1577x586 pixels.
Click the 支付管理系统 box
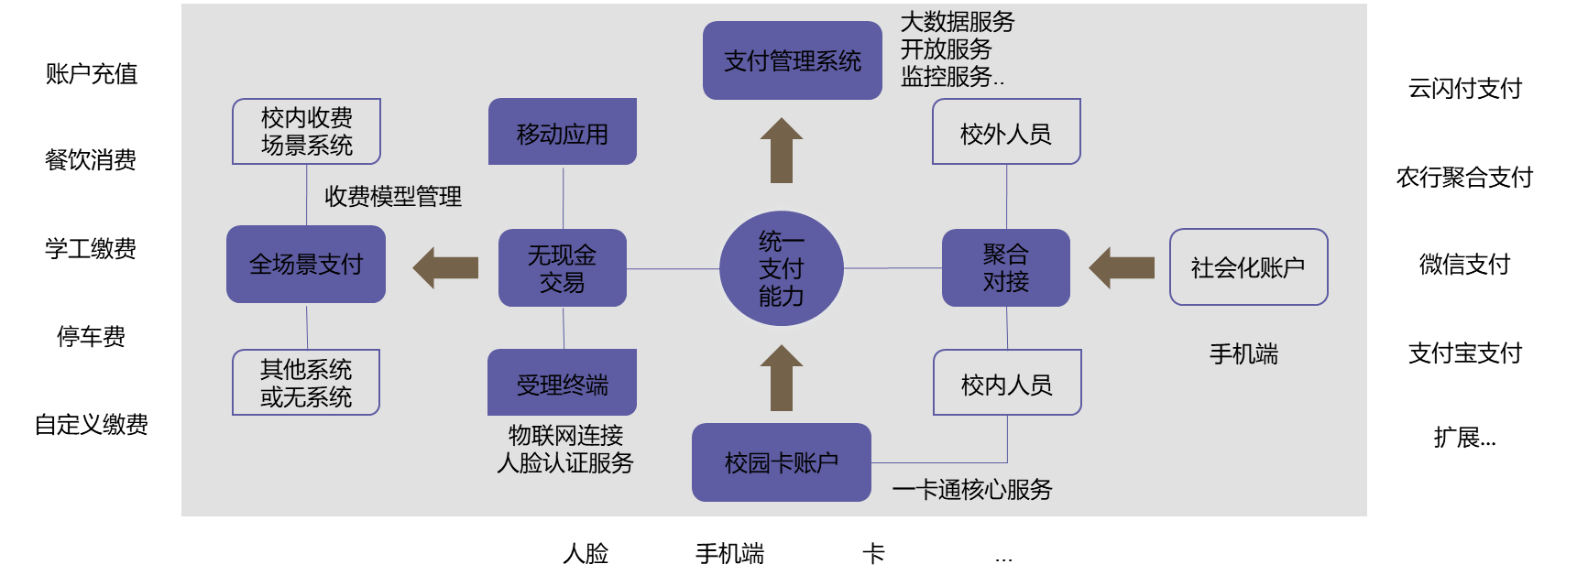(792, 60)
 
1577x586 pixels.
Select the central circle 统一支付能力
(781, 268)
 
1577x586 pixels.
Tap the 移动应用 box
(562, 133)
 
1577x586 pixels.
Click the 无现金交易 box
(562, 267)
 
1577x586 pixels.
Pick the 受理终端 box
(562, 383)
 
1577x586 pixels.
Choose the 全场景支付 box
(306, 264)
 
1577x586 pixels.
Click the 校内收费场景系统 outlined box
(306, 131)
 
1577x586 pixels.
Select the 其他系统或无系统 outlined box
(306, 383)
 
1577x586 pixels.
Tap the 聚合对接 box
(1005, 267)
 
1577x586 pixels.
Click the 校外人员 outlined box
(1006, 132)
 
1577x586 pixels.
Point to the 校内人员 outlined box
(1007, 383)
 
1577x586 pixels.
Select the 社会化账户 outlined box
(1248, 267)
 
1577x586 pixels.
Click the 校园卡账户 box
(781, 462)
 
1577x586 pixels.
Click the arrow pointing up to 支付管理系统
(781, 151)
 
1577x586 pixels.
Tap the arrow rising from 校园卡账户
(781, 378)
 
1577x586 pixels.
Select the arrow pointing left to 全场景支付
(446, 267)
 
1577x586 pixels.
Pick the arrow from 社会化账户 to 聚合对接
(1122, 267)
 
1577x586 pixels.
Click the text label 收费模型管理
(393, 196)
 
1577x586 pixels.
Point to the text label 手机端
(1243, 353)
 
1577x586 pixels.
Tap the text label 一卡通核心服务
(971, 490)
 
